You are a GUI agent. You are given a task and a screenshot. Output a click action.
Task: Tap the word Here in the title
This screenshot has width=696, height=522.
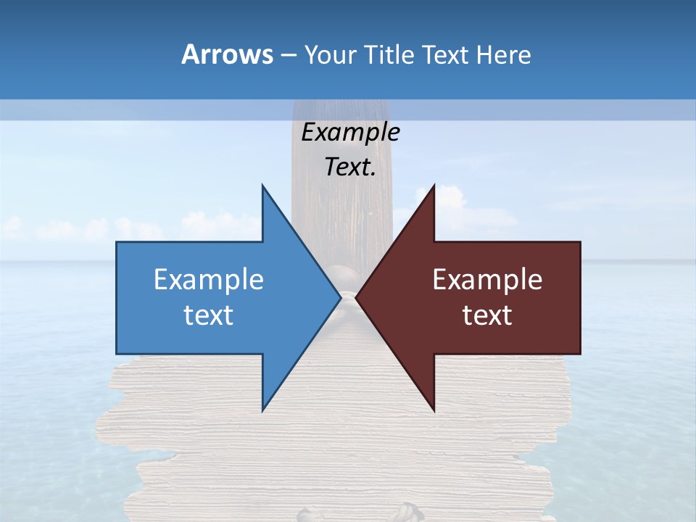pyautogui.click(x=503, y=54)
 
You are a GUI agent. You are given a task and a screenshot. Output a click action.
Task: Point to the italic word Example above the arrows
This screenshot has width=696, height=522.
pyautogui.click(x=350, y=133)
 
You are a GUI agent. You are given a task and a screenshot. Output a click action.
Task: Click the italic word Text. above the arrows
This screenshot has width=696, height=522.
pyautogui.click(x=350, y=167)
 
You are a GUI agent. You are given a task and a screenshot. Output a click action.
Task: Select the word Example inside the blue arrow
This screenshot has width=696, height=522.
pyautogui.click(x=209, y=280)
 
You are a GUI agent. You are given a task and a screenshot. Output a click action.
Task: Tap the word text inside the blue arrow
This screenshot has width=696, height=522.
pyautogui.click(x=209, y=315)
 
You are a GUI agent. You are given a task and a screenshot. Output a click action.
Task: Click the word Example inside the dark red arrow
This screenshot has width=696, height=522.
pyautogui.click(x=487, y=280)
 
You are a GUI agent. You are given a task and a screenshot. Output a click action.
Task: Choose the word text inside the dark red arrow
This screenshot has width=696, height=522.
pyautogui.click(x=487, y=315)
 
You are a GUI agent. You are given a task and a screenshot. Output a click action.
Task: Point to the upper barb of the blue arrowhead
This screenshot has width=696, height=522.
pyautogui.click(x=264, y=190)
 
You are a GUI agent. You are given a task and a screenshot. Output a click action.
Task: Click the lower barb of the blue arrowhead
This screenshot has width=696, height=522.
pyautogui.click(x=264, y=407)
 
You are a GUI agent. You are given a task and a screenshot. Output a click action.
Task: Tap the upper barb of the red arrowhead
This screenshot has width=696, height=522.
pyautogui.click(x=433, y=190)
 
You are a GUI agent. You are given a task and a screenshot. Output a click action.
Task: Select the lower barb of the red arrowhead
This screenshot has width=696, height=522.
pyautogui.click(x=433, y=407)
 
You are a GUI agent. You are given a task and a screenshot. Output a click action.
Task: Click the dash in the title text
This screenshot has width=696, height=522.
pyautogui.click(x=288, y=55)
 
